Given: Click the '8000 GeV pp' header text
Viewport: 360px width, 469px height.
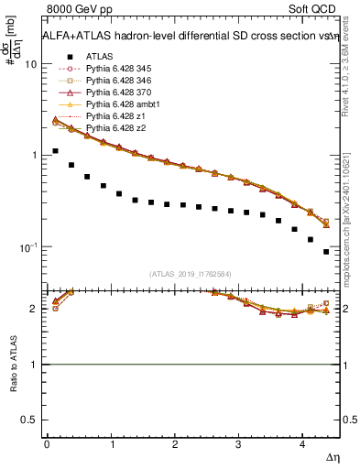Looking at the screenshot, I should click(76, 10).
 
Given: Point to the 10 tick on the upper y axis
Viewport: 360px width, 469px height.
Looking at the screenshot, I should click(32, 65).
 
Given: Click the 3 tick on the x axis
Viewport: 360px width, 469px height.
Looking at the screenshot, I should click(238, 442).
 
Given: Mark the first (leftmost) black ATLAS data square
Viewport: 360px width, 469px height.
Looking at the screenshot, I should click(55, 151).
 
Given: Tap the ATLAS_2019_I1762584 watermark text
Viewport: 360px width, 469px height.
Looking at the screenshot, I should click(191, 273).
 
